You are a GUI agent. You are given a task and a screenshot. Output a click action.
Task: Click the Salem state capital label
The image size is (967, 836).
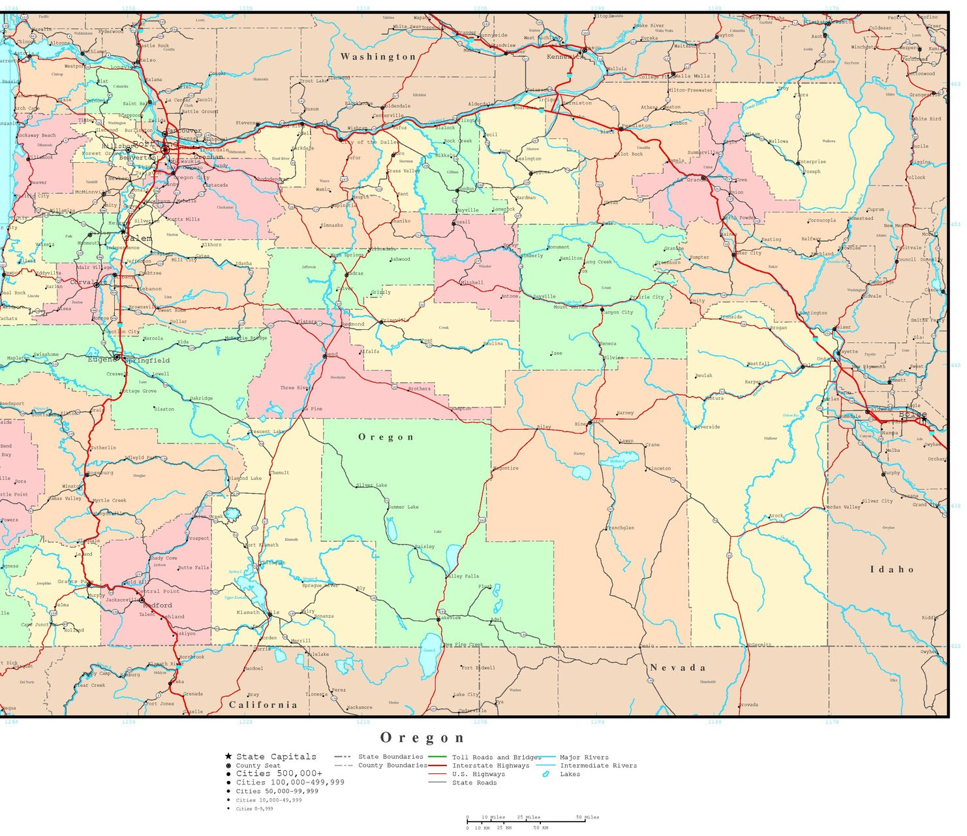pos(139,238)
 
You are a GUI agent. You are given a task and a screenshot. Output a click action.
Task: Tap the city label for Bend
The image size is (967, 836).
pos(332,354)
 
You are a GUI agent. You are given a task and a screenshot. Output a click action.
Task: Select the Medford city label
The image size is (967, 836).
pos(158,605)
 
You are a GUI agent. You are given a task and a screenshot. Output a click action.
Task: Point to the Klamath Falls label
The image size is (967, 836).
pos(258,613)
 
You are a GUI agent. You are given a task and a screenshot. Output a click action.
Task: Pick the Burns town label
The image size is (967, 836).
pos(598,421)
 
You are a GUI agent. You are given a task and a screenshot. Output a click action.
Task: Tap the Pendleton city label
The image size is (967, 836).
pos(636,125)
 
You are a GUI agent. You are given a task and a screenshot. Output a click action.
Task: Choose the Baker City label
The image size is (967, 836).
pos(748,253)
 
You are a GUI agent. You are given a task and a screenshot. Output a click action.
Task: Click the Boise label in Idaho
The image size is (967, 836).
pos(912,415)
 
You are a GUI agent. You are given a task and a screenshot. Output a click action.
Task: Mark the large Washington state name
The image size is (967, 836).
pos(378,57)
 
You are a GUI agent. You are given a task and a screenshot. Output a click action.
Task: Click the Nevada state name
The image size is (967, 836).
pos(678,667)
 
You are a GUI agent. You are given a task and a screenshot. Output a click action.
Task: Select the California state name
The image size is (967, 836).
pos(263,705)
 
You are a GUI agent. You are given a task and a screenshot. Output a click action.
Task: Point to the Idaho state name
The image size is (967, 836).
pos(891,570)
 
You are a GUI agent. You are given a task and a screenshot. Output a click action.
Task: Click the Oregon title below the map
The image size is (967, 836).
pos(422,738)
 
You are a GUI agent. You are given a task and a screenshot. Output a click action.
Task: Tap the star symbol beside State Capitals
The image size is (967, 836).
pos(228,756)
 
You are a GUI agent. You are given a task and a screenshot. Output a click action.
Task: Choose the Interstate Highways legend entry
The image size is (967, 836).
pos(491,765)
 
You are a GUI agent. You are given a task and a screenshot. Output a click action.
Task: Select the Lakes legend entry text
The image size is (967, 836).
pos(570,774)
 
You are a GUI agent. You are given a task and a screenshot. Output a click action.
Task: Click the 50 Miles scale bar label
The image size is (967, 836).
pos(587,817)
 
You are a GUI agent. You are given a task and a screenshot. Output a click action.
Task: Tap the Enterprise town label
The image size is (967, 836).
pos(812,161)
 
